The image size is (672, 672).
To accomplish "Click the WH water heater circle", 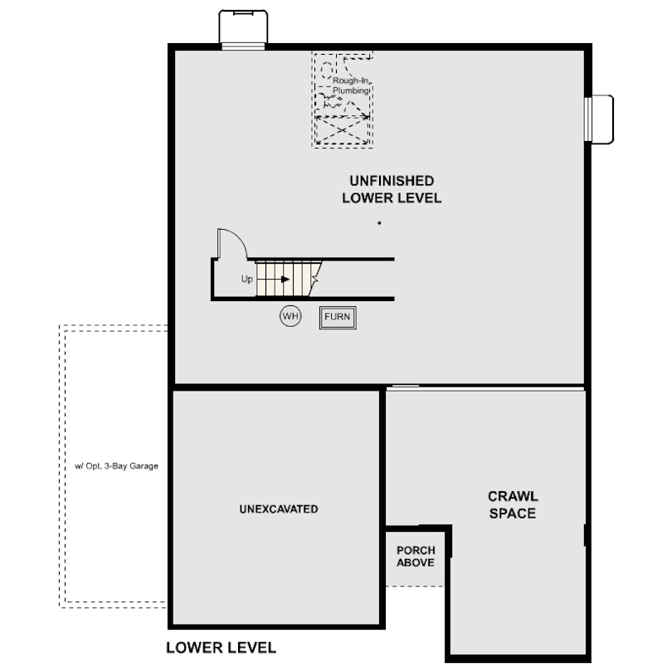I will [290, 316].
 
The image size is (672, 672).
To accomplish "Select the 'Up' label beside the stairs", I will [246, 280].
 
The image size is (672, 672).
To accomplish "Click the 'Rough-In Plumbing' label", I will [350, 85].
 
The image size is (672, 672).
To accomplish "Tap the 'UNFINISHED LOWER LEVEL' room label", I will [392, 189].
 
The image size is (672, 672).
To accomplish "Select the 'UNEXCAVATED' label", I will [278, 509].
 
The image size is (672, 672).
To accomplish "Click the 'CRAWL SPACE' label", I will [512, 504].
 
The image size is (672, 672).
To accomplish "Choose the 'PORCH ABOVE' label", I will [416, 557].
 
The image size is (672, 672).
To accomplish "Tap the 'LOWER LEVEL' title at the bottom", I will [221, 648].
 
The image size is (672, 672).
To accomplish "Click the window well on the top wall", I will [243, 30].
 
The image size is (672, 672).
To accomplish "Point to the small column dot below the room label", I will [379, 223].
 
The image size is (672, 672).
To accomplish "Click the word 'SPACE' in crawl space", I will [512, 514].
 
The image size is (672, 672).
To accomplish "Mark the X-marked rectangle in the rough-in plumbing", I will [341, 129].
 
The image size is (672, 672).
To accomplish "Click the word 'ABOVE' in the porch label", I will [416, 563].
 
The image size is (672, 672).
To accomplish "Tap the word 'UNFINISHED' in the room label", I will [392, 180].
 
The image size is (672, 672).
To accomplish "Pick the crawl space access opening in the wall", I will [404, 387].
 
